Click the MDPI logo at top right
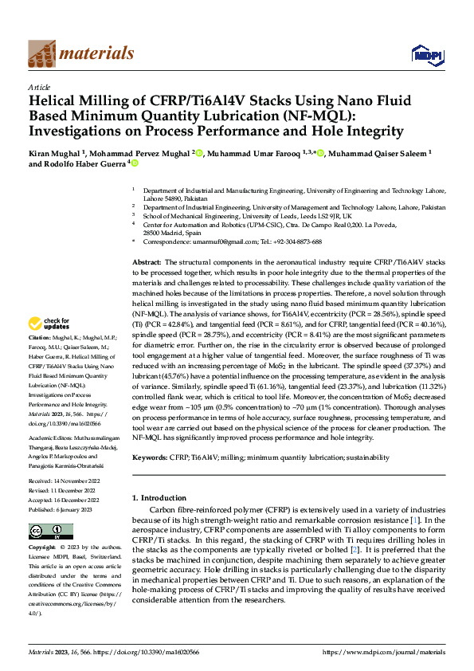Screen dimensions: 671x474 pos(424,53)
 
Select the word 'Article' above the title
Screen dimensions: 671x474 pos(39,87)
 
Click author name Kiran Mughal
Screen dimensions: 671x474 pos(55,152)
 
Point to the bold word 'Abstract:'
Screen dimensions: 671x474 pos(147,262)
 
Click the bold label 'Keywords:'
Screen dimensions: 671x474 pos(149,458)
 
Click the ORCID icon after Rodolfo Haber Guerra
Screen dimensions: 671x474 pos(135,164)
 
